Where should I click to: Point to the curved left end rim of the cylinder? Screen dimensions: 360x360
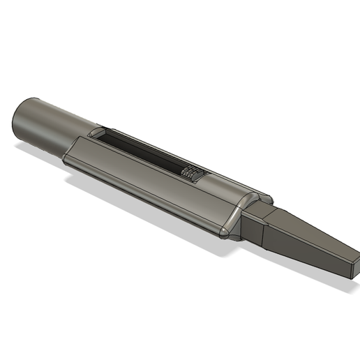pos(17,120)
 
